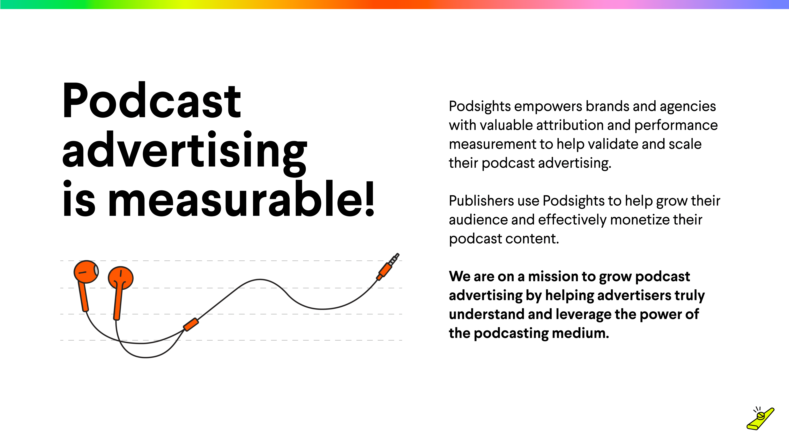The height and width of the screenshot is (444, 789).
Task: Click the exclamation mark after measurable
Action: pyautogui.click(x=370, y=199)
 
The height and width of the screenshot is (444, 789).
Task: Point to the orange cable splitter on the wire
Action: pyautogui.click(x=191, y=324)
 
